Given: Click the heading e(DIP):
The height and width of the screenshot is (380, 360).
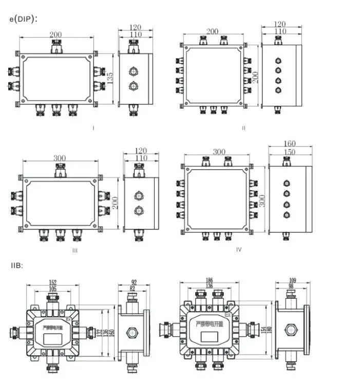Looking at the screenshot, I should point(23,19).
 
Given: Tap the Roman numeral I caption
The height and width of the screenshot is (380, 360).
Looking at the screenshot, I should point(93,128).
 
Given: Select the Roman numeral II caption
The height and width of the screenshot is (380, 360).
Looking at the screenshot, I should point(243,128).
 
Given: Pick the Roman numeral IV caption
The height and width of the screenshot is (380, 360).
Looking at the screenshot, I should point(238,249).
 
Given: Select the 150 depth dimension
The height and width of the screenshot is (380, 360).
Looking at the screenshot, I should point(291,152).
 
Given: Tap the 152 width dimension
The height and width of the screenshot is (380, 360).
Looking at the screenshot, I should point(53,282).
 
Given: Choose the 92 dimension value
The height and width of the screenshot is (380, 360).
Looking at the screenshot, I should point(134,282).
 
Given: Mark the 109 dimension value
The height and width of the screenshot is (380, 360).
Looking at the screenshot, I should point(292,281).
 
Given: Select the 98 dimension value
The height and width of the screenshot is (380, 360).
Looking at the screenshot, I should point(292,287).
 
